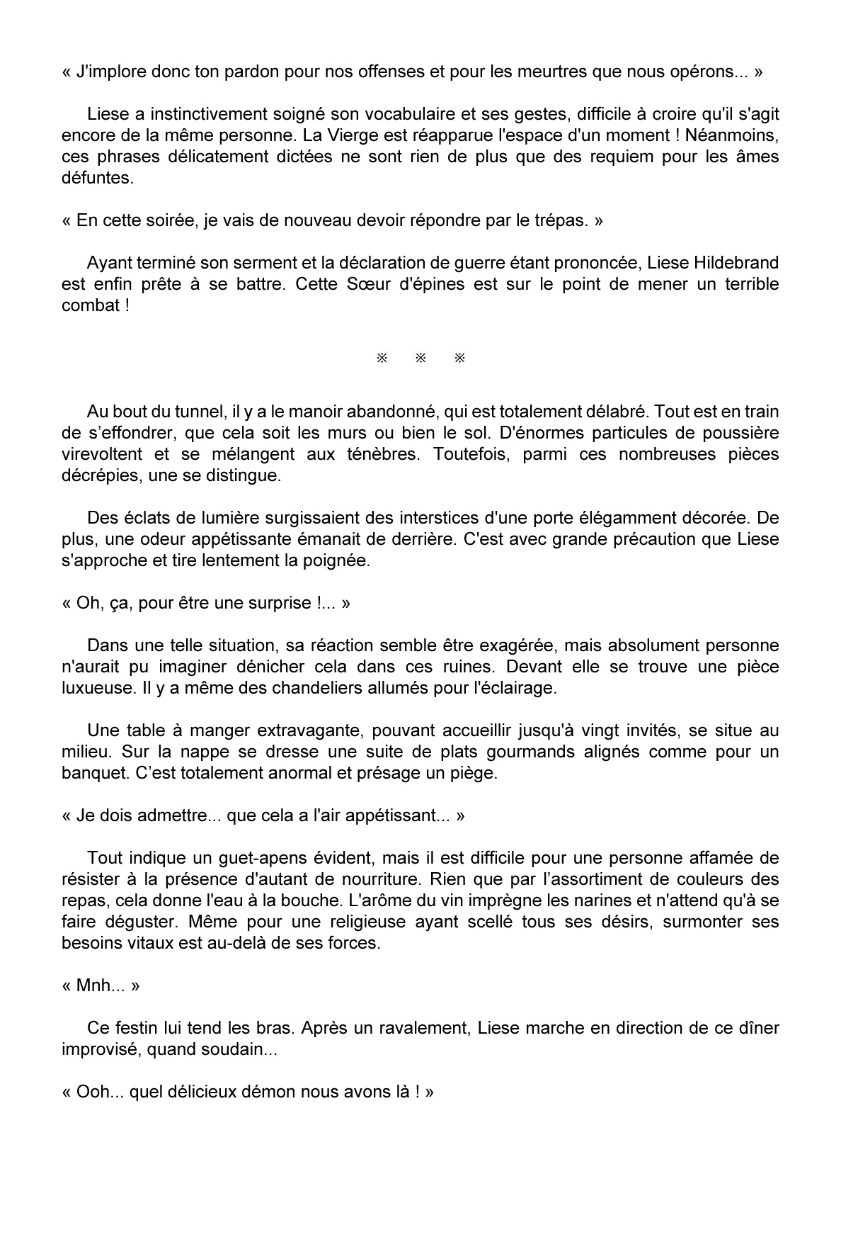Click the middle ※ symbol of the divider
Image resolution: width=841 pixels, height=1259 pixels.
click(420, 358)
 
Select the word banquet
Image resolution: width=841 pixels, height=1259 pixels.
click(95, 773)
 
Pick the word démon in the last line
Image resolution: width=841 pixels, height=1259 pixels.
click(271, 1092)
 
